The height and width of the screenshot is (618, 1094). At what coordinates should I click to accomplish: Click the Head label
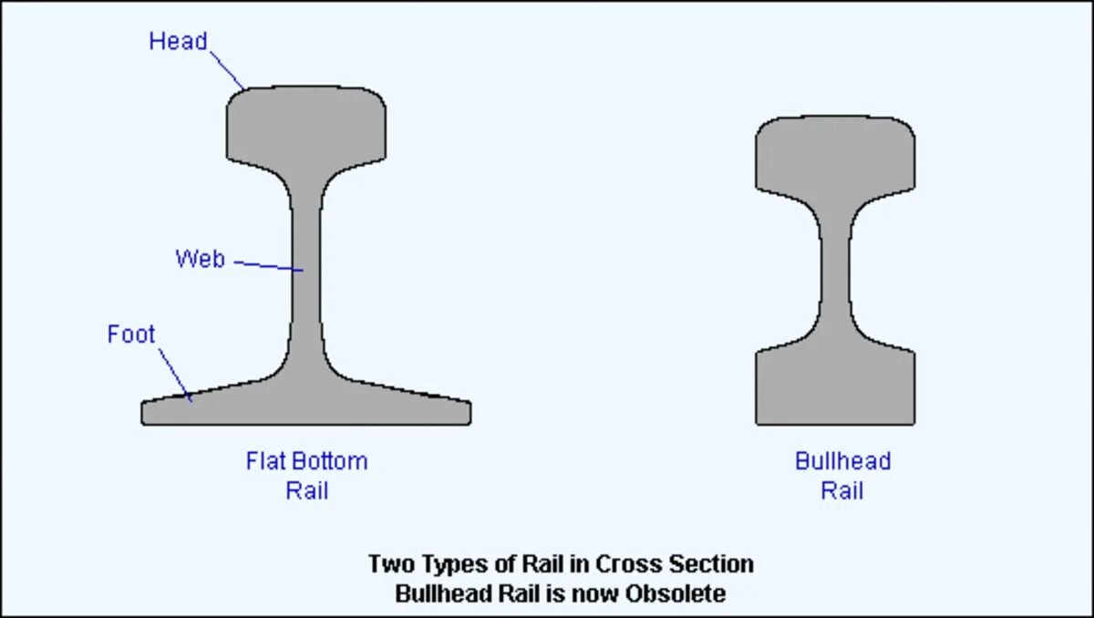178,41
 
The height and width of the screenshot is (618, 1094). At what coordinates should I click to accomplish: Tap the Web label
200,259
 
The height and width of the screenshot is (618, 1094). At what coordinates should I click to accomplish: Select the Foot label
131,335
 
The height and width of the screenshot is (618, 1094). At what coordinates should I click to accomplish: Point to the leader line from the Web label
269,266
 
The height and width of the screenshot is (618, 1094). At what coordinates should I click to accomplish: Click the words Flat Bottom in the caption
306,460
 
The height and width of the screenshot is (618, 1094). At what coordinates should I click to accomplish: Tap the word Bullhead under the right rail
842,460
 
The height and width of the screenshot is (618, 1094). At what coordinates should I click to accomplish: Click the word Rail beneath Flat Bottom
306,490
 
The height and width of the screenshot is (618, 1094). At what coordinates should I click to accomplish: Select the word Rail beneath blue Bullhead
842,490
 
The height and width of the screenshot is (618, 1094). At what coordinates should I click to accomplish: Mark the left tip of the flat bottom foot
145,412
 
